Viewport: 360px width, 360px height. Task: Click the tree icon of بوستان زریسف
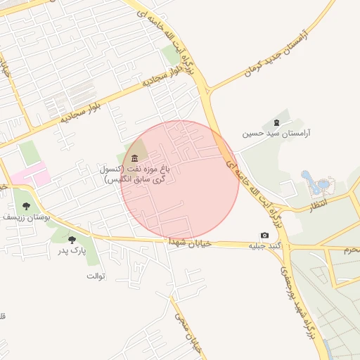26,206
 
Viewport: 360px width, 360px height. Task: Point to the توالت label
96,276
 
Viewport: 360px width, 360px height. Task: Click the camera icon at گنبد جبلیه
264,235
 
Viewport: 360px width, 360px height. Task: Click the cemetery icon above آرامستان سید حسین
275,122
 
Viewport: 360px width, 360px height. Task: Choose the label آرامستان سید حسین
276,133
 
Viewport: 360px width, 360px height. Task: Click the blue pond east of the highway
316,184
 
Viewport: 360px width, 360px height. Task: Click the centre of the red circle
180,180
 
